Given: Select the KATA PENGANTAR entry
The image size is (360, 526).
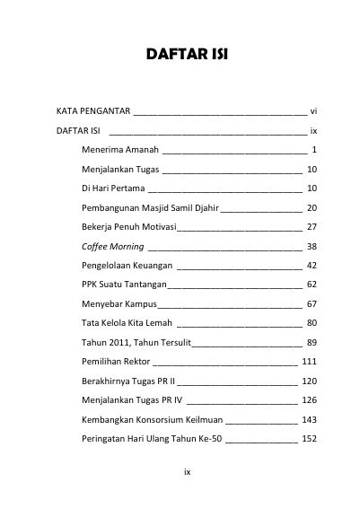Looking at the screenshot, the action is point(92,111).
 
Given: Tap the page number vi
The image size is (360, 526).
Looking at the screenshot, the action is point(313,111).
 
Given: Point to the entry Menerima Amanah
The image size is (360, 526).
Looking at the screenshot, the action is point(119,149).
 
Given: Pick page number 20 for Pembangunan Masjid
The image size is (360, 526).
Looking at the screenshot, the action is point(312,207).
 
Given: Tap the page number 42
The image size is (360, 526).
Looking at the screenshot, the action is point(312,266).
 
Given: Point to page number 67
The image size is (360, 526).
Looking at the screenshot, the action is point(312,304).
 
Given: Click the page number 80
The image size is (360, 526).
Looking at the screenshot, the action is point(312,323).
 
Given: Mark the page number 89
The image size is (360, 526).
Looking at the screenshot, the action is point(312,343).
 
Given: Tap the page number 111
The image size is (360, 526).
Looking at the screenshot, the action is point(310,362).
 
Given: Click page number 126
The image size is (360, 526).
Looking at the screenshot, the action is point(310,400).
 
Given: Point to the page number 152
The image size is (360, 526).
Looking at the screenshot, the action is point(310,439).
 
